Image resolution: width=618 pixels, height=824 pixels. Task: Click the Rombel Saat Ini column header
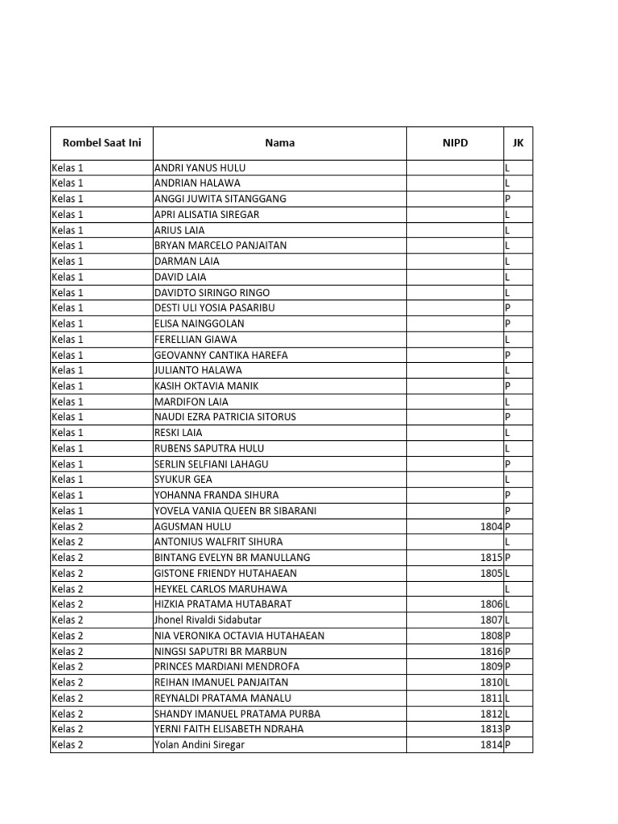point(101,143)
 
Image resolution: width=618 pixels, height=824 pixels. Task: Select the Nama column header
point(279,143)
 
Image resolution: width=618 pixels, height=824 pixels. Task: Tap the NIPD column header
point(455,143)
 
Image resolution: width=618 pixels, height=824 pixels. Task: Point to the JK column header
point(517,143)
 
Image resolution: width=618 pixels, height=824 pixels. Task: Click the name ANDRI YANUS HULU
point(200,168)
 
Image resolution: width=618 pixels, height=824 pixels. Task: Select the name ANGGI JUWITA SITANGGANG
point(220,199)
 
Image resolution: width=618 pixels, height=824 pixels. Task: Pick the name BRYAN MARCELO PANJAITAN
point(220,245)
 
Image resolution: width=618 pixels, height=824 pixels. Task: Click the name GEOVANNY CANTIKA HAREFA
point(220,355)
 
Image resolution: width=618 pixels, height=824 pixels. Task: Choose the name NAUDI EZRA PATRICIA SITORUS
point(225,417)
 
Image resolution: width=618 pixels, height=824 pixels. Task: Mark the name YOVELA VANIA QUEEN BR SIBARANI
point(235,511)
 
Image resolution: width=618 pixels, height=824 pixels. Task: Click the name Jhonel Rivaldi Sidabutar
point(208,620)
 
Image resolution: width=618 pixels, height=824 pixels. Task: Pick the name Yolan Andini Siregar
point(199,745)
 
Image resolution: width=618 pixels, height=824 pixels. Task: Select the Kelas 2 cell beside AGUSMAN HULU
point(68,526)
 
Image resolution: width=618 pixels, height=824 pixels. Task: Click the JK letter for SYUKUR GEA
point(507,480)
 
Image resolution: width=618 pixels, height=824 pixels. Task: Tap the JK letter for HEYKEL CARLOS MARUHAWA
point(507,589)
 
